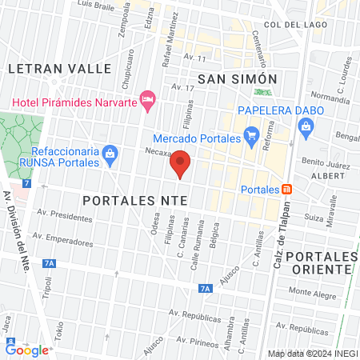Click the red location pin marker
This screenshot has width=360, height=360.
click(x=182, y=162)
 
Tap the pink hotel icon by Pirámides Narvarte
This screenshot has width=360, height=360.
click(x=146, y=100)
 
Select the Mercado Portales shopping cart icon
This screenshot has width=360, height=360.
click(x=252, y=135)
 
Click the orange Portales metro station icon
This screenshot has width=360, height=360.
click(x=287, y=190)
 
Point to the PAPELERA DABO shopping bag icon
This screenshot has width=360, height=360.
click(x=305, y=126)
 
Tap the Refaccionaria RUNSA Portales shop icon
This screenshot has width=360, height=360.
click(x=111, y=152)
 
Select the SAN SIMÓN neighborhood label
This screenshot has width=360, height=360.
click(x=237, y=78)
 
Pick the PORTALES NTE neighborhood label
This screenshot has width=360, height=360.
click(x=136, y=197)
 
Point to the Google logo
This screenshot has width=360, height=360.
click(x=27, y=349)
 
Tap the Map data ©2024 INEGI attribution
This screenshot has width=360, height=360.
click(x=311, y=353)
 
